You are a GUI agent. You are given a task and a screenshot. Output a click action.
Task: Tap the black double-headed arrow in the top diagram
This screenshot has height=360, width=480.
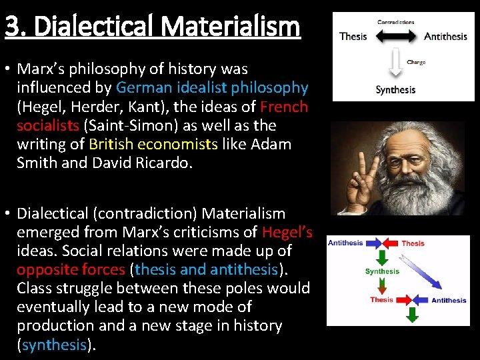pyautogui.click(x=395, y=36)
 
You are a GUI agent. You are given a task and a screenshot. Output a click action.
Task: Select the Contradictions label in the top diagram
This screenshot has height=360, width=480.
pyautogui.click(x=395, y=22)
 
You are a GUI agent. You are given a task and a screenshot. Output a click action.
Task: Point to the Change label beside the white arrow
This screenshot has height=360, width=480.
pyautogui.click(x=416, y=62)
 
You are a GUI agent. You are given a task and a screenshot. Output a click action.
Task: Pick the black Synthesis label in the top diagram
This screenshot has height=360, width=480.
pyautogui.click(x=395, y=90)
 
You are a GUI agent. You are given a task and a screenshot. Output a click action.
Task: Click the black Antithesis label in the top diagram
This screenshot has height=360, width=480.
pyautogui.click(x=445, y=36)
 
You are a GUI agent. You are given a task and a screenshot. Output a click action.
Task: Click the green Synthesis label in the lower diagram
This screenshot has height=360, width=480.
pyautogui.click(x=382, y=271)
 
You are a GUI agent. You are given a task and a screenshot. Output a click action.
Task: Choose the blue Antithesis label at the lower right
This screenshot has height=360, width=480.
pyautogui.click(x=449, y=300)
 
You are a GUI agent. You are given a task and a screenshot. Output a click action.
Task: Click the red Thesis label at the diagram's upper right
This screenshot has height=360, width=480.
pyautogui.click(x=413, y=243)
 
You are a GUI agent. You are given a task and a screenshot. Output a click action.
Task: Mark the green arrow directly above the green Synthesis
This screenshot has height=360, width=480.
pyautogui.click(x=382, y=258)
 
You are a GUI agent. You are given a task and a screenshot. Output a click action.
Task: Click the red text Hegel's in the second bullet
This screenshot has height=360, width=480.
pyautogui.click(x=287, y=232)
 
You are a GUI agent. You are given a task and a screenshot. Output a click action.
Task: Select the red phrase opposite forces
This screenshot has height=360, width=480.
pyautogui.click(x=71, y=269)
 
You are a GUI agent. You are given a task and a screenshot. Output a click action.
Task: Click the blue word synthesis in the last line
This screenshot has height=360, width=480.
pyautogui.click(x=54, y=344)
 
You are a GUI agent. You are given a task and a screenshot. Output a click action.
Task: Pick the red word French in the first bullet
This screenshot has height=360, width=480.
pyautogui.click(x=284, y=107)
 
